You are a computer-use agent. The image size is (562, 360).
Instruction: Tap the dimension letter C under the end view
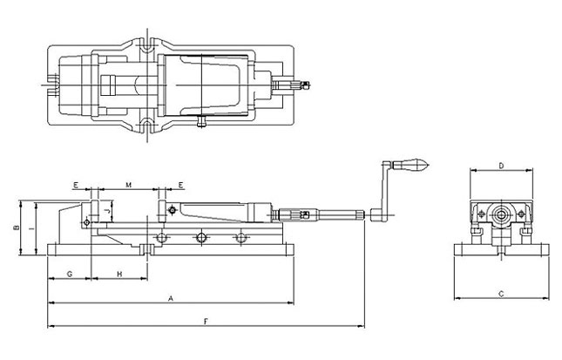pos(502,294)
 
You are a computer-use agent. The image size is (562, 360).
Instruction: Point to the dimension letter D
pos(502,165)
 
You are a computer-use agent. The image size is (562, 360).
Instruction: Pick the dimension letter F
pos(206,322)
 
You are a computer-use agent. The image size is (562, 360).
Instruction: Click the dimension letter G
pos(69,274)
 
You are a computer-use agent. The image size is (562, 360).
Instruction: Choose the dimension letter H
pos(119,274)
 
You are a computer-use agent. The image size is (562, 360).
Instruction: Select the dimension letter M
pos(128,186)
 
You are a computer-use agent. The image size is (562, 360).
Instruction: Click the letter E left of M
pos(77,186)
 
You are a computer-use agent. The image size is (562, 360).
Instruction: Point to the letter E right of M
pos(179,186)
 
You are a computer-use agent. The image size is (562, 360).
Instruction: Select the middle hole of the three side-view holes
pos(201,237)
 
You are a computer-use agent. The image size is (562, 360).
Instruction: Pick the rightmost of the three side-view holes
pos(241,237)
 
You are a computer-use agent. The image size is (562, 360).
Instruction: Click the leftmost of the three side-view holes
pos(160,237)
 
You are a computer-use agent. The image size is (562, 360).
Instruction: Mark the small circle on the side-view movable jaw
pos(173,210)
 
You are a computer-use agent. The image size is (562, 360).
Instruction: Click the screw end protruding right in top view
pos(296,85)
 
